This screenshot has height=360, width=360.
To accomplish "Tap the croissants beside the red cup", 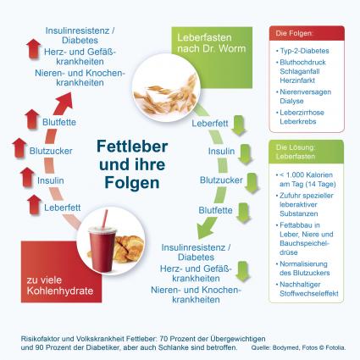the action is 129,248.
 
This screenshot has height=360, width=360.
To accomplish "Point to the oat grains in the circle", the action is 166,95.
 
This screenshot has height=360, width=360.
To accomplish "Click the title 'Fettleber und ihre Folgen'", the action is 132,164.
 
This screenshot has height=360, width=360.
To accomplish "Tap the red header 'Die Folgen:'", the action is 307,33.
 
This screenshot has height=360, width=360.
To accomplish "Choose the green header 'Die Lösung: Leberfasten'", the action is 306,152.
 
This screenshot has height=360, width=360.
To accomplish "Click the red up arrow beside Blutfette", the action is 32,119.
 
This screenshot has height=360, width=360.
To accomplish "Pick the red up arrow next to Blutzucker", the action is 19,148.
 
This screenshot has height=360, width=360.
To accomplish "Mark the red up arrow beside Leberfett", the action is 35,204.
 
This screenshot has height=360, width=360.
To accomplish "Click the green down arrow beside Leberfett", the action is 239,125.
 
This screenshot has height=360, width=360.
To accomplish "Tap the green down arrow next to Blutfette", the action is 243,213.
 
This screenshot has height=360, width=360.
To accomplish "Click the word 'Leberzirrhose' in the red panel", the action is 302,113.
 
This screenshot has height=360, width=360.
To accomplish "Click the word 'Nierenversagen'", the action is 305,92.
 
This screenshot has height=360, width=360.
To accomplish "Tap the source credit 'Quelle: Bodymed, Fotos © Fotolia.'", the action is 298,347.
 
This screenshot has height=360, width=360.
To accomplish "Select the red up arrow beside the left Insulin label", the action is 27,177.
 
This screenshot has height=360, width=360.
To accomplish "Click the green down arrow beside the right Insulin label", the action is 245,154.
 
